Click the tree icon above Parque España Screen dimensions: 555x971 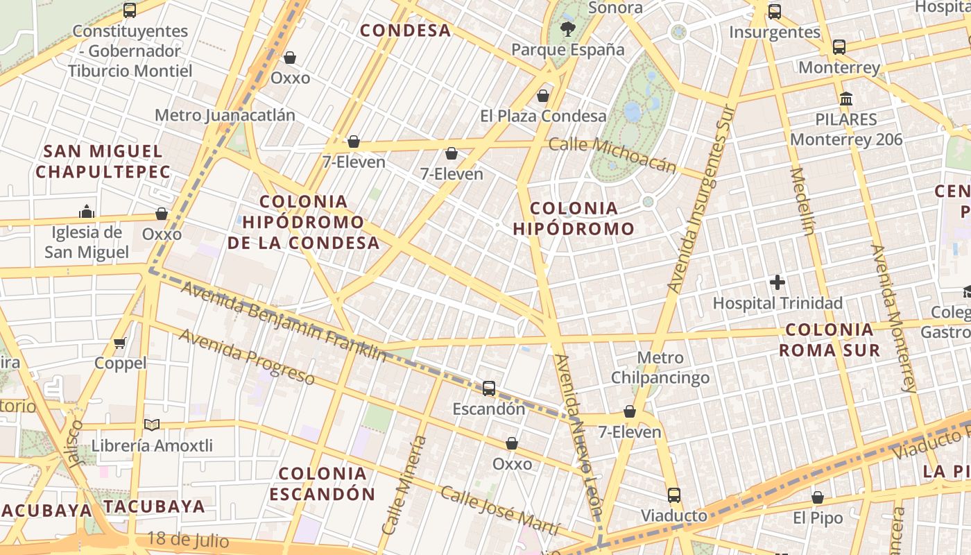568,28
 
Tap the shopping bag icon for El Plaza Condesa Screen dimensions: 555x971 543,95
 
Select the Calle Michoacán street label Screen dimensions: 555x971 612,154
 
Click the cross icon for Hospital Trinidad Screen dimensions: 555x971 777,282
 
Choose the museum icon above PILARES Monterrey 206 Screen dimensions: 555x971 845,99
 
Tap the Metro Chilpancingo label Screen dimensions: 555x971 660,368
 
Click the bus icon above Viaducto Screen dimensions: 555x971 673,495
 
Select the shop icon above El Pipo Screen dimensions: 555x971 818,497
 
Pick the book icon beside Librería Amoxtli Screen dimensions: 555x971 151,425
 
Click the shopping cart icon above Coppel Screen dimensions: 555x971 120,343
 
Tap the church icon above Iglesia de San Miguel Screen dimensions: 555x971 87,211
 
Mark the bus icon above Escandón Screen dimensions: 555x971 489,388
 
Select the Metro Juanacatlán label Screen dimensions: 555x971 225,115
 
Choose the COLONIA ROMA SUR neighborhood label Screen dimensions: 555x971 829,339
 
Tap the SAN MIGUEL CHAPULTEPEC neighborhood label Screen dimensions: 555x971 103,161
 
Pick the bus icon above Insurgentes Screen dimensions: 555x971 775,11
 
